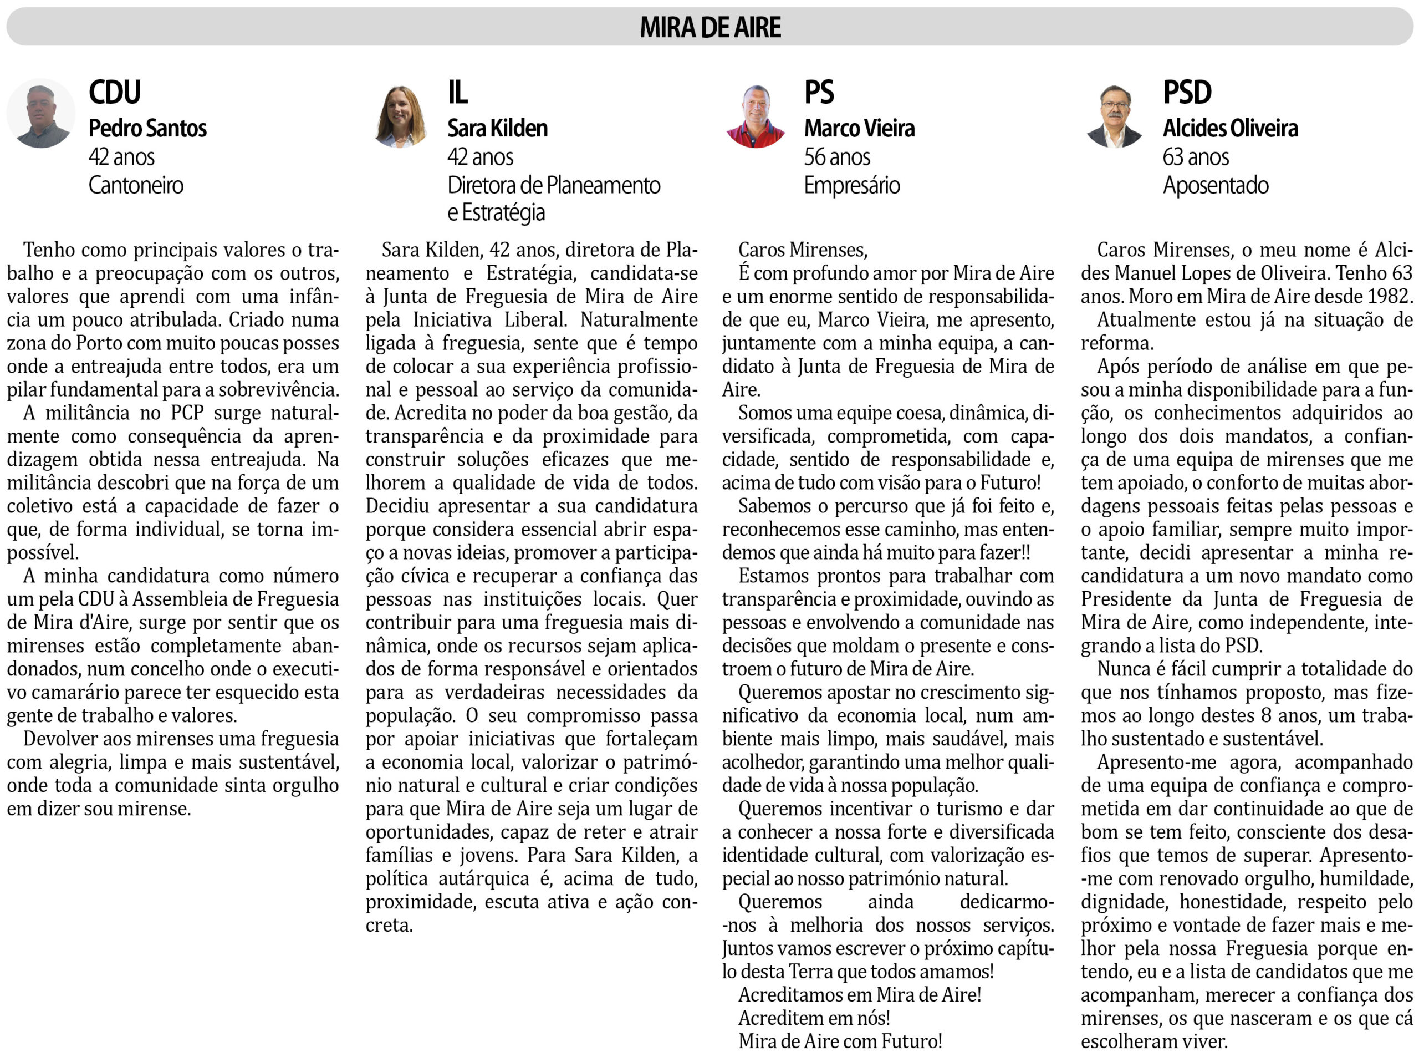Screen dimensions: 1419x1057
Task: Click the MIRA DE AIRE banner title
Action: (710, 27)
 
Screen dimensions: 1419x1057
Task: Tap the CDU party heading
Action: (115, 92)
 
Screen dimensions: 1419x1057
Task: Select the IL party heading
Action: (457, 92)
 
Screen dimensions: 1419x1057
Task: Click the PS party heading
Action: (819, 92)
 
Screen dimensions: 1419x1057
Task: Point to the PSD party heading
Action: (1187, 92)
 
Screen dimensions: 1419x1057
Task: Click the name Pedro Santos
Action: (147, 128)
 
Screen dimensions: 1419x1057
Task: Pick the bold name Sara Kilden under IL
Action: (497, 128)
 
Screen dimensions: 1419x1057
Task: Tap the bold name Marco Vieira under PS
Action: (859, 128)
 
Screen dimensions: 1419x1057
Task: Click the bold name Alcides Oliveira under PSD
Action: (1231, 128)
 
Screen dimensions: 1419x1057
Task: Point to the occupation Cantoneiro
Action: (136, 186)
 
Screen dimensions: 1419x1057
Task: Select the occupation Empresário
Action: (852, 186)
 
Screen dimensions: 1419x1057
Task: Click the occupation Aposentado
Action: (1216, 186)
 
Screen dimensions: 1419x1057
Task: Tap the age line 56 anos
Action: (837, 157)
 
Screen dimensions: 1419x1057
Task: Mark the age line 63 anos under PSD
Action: (1196, 157)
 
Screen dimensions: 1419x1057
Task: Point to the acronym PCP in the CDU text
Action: (187, 413)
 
